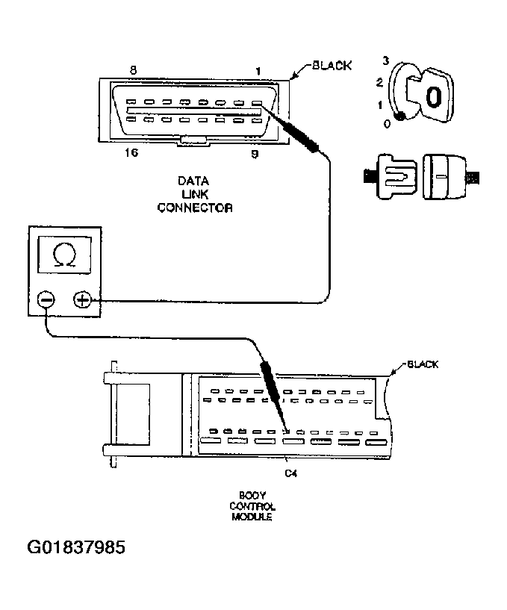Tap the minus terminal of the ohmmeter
point(46,300)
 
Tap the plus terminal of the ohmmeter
point(82,300)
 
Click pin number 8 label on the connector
point(133,70)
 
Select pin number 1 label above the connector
point(258,71)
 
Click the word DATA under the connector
point(193,181)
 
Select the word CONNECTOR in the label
point(194,208)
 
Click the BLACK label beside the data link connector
point(331,66)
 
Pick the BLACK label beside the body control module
point(422,364)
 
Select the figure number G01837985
point(76,548)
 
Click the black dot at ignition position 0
point(400,116)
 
